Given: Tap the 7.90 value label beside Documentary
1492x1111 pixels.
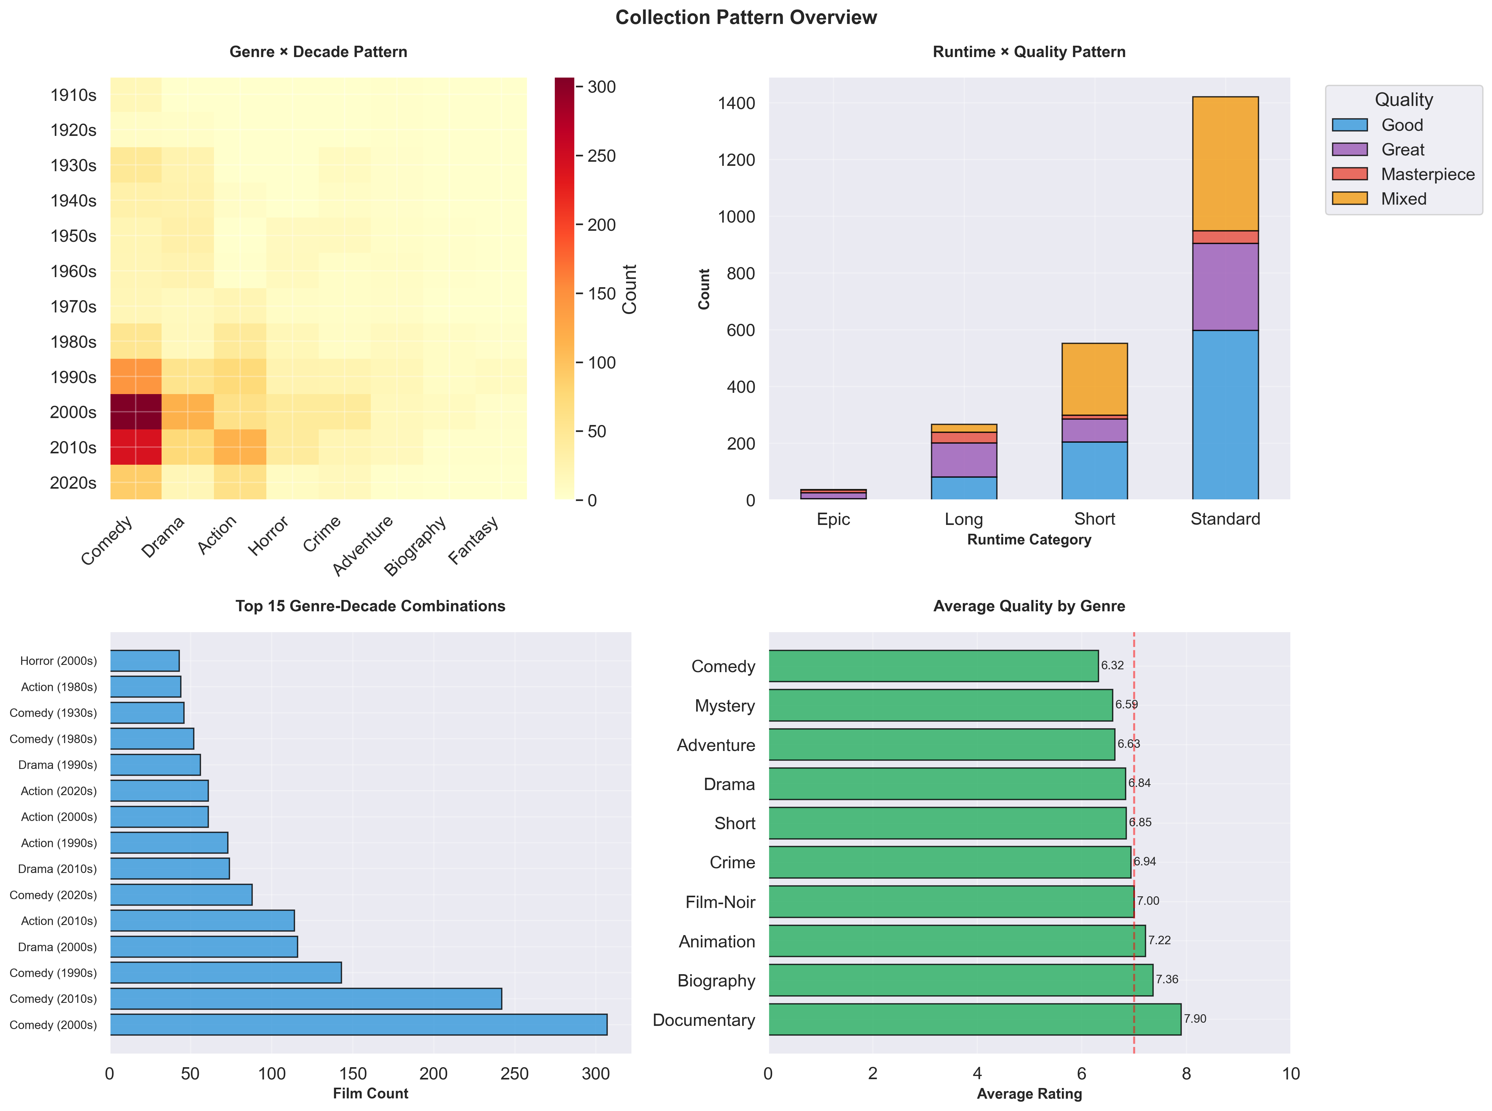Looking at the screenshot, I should [x=1195, y=1019].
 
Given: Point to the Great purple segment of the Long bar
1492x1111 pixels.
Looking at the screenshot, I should [x=964, y=460].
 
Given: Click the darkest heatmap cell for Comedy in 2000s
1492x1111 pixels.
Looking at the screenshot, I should [x=136, y=412].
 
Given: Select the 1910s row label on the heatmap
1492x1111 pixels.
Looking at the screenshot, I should [x=73, y=95].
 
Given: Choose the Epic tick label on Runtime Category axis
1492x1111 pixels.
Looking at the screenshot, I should [x=833, y=519].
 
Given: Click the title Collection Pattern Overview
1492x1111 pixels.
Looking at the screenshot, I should [x=746, y=17].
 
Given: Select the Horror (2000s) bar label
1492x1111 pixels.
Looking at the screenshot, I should [x=59, y=661].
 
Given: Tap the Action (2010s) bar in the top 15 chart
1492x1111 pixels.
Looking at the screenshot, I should [x=202, y=921].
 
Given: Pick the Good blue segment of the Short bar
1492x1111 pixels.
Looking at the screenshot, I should [x=1094, y=471].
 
